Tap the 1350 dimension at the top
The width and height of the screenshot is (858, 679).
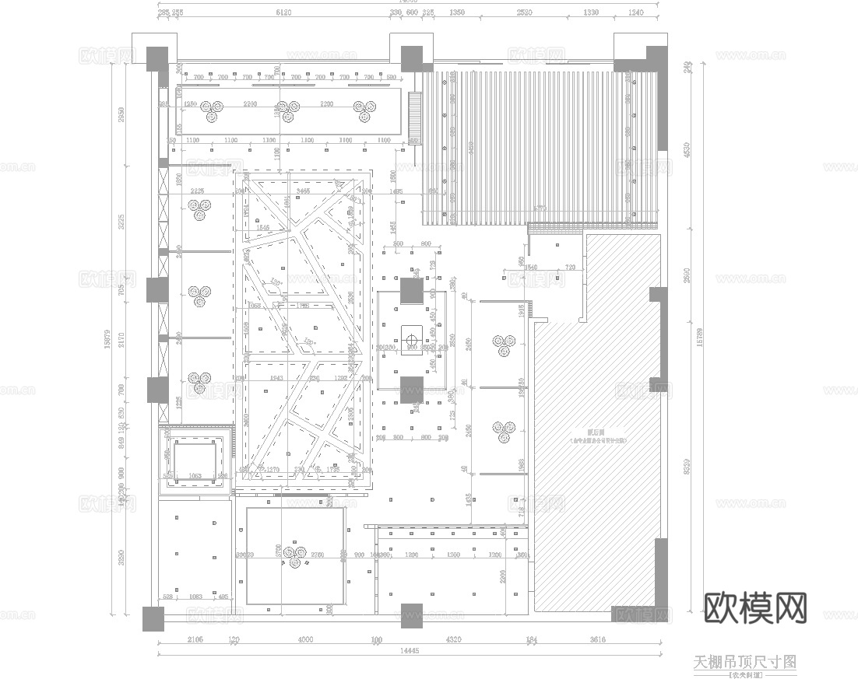(x=457, y=13)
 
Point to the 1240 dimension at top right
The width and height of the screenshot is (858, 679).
(x=635, y=13)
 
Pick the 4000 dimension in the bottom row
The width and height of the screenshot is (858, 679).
(x=305, y=639)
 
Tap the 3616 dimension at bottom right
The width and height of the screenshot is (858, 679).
(x=598, y=639)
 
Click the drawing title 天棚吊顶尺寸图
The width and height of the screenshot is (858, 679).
(x=744, y=662)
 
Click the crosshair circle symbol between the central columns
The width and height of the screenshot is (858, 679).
(x=411, y=338)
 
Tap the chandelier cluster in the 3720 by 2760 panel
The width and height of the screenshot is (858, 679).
(x=294, y=555)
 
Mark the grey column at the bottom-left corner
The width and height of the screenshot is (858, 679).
(x=153, y=618)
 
